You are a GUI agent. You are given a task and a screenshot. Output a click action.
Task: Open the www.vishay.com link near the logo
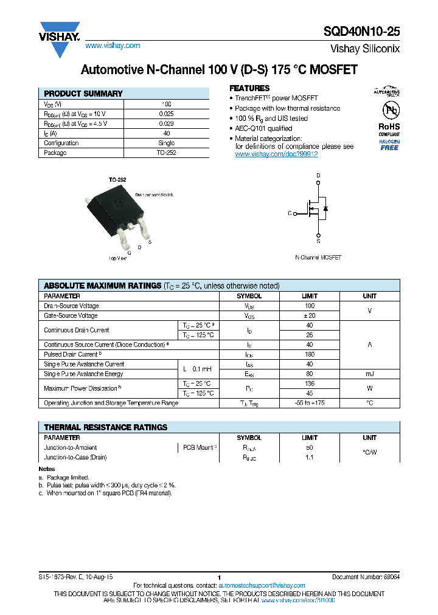coord(113,46)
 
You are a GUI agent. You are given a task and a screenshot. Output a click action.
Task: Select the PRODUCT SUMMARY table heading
coord(83,94)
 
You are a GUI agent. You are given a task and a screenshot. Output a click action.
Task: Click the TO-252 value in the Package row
coord(166,153)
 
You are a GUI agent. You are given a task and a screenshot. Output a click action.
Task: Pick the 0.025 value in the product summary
coord(166,114)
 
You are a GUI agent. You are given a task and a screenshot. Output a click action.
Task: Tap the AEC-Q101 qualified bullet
coord(263,128)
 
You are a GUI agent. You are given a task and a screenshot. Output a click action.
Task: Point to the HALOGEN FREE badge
coord(389,144)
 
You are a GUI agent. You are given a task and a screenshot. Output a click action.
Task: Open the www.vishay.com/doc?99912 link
coord(276,154)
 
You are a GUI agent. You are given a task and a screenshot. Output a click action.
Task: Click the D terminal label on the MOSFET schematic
coord(318,176)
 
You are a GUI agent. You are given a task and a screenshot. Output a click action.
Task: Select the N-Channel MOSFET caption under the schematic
coord(318,258)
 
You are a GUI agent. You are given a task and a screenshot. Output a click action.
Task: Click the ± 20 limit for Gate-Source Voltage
coord(310,315)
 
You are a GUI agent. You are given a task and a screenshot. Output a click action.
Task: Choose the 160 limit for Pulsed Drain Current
coord(310,354)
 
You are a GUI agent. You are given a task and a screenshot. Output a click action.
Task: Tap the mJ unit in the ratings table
coord(369,374)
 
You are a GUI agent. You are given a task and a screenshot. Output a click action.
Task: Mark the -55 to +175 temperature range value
coord(310,403)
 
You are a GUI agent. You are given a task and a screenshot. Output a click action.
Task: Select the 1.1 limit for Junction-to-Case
coord(310,457)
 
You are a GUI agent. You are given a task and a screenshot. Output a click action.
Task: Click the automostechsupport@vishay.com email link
coord(262,585)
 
